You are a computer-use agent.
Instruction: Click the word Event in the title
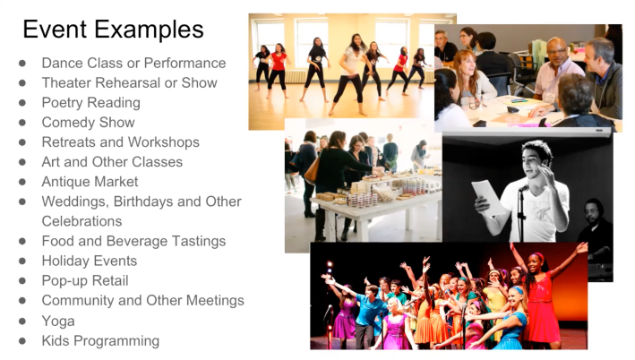(55, 30)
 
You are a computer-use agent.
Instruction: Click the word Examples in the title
(149, 30)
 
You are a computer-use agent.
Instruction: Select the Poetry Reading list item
(90, 103)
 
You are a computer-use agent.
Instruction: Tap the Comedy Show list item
(88, 123)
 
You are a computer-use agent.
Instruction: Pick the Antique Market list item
(90, 182)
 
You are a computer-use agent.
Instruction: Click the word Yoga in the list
(58, 321)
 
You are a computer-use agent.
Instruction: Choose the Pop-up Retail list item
(85, 280)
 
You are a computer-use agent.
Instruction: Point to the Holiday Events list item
(89, 261)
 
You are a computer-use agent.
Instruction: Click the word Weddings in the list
(75, 201)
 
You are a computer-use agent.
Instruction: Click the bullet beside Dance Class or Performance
(22, 64)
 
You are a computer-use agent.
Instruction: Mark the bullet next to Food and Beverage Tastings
(22, 242)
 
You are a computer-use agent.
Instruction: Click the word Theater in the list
(66, 83)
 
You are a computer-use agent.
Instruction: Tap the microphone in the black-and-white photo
(524, 188)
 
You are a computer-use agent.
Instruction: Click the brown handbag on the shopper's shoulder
(313, 170)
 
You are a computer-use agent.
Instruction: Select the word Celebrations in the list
(82, 221)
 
